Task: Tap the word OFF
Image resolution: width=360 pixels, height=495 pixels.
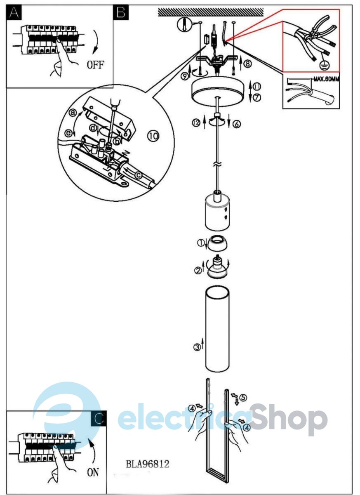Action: pos(95,65)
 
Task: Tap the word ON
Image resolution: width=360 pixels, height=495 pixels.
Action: pos(93,472)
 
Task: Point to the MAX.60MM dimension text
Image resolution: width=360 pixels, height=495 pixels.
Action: pos(326,79)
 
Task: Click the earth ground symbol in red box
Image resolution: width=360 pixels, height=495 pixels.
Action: pos(324,66)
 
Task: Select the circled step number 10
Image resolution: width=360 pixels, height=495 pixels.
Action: pos(153,136)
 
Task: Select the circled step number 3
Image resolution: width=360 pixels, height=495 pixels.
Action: pos(197,347)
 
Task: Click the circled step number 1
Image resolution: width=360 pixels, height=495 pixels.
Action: pos(200,243)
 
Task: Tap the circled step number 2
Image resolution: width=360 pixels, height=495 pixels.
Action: pos(198,270)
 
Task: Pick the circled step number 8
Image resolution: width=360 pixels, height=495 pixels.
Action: pos(247,64)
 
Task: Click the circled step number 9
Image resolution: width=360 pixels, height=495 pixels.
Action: pos(184,76)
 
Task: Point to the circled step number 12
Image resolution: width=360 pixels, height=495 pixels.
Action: pos(196,123)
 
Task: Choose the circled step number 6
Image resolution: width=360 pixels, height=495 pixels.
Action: pos(237,124)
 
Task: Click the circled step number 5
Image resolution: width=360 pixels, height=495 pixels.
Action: pos(243,398)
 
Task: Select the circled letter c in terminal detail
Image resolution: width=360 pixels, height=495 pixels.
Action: pos(138,175)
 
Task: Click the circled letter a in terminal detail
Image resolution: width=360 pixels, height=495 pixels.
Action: pos(73,113)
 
